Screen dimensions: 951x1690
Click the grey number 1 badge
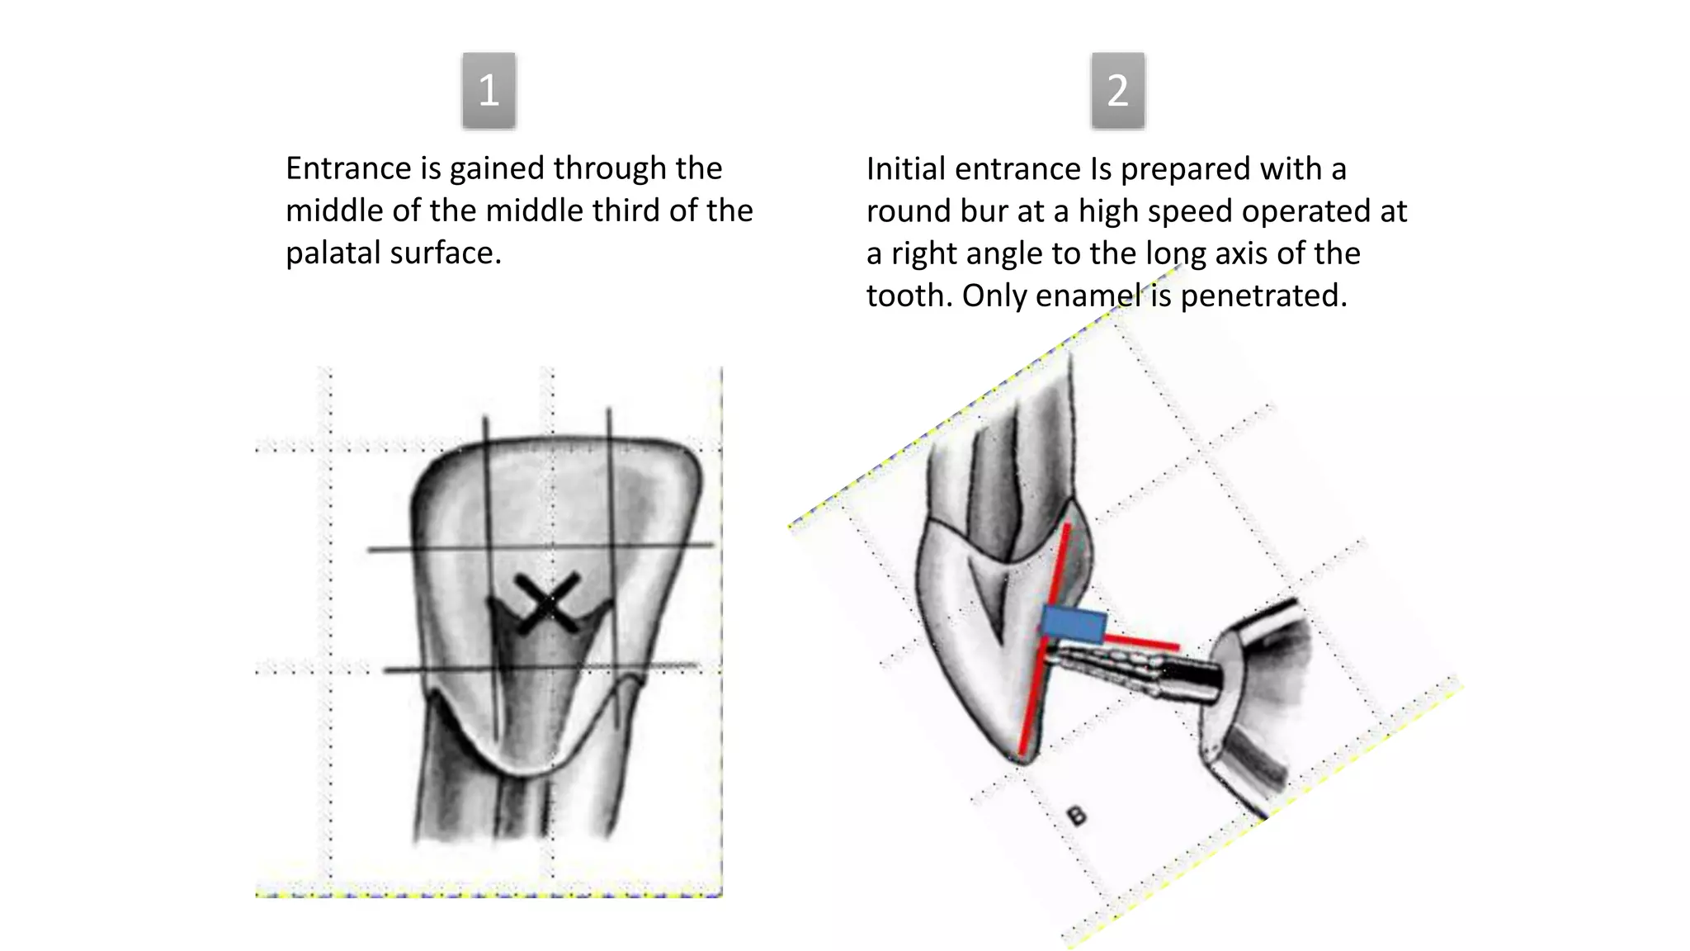tap(489, 90)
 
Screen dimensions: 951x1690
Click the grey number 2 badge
tap(1117, 90)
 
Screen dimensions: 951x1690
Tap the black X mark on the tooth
tap(547, 603)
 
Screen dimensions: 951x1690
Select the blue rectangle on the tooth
tap(1073, 625)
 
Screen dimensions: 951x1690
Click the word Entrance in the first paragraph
tap(348, 168)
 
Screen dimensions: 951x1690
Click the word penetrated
tap(1263, 296)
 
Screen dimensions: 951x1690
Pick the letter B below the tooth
tap(1076, 816)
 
